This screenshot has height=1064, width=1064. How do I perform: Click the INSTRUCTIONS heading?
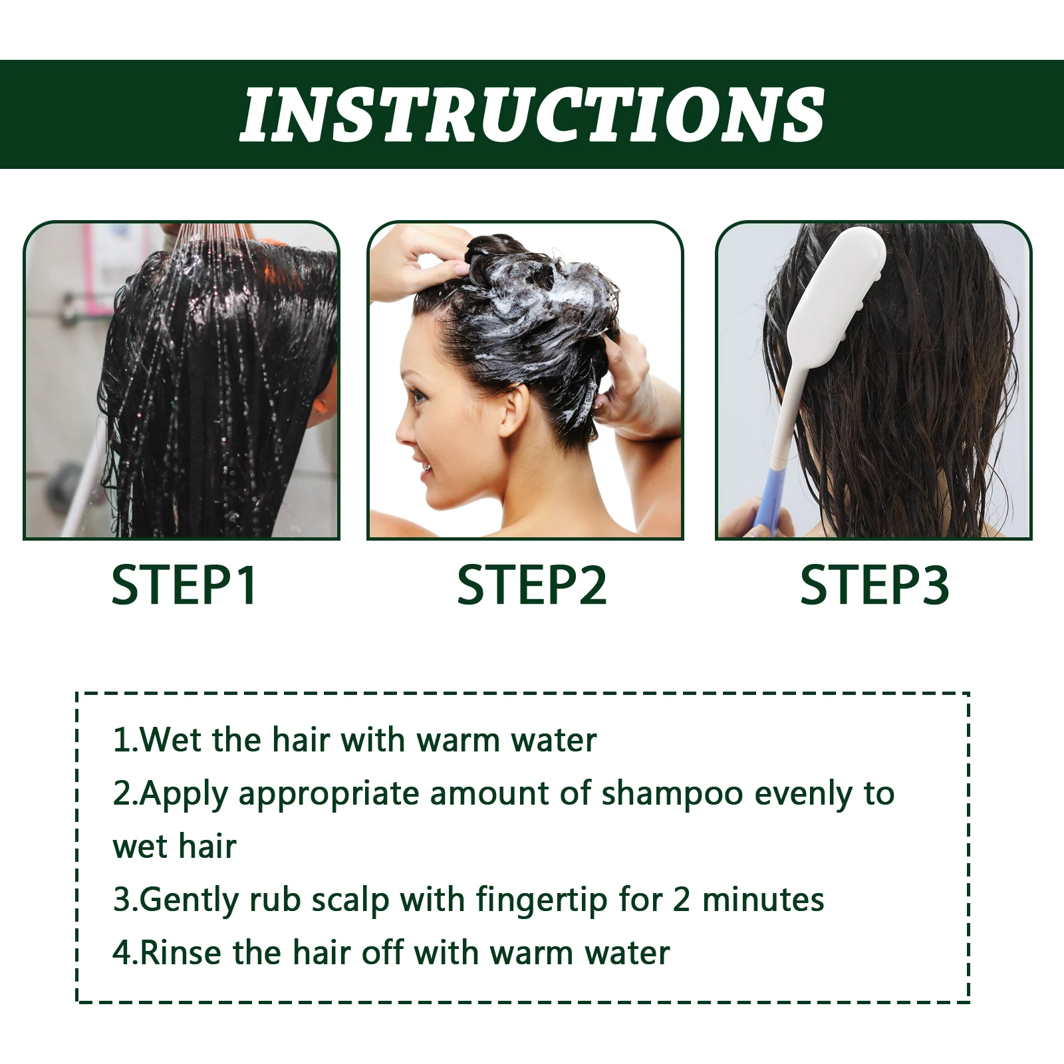click(x=532, y=114)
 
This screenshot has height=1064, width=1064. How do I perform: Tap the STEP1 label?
click(x=184, y=585)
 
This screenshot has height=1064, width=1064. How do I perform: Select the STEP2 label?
click(x=531, y=585)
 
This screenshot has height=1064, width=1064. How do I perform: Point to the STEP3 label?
click(x=874, y=585)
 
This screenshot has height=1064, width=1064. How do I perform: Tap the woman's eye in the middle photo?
click(x=419, y=398)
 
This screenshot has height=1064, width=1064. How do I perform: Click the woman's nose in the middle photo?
click(x=402, y=432)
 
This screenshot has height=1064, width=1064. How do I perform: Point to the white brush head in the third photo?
click(x=845, y=279)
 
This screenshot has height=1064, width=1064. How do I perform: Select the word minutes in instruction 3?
click(x=763, y=900)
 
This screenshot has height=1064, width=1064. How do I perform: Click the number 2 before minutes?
click(x=681, y=900)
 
